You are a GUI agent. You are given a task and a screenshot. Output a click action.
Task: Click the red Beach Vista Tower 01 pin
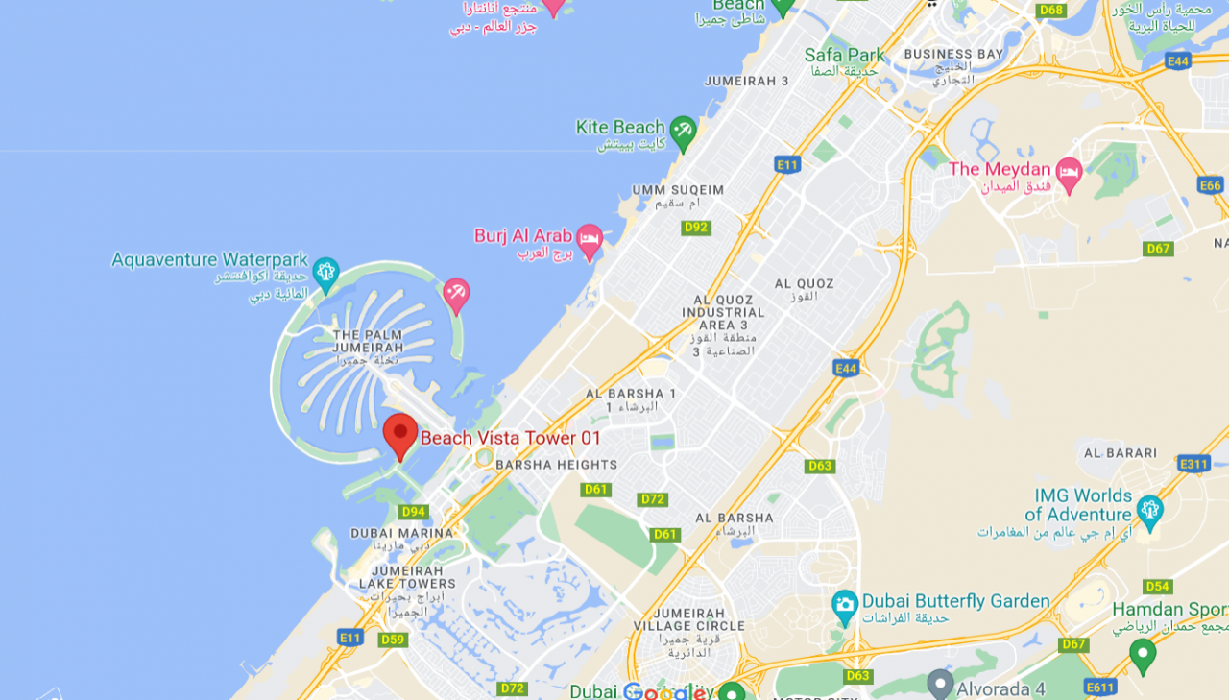(400, 434)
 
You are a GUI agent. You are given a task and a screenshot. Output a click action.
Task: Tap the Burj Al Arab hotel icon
(590, 238)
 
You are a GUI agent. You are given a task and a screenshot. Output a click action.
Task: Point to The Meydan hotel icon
(1069, 173)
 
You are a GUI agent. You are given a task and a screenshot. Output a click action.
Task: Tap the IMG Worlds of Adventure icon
(1149, 508)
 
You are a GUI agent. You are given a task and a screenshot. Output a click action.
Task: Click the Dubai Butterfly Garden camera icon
(845, 605)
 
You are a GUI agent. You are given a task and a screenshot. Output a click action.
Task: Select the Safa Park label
(845, 55)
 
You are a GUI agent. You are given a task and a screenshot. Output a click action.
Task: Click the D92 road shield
(696, 228)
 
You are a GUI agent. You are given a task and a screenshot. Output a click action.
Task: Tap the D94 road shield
(414, 512)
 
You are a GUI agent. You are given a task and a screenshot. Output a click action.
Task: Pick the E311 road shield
(1193, 464)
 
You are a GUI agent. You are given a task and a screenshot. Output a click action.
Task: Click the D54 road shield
(1158, 587)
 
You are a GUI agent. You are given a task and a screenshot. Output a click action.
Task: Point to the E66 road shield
(1211, 185)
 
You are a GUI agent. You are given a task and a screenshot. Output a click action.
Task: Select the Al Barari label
(1121, 452)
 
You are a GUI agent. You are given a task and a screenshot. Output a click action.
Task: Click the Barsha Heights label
(557, 465)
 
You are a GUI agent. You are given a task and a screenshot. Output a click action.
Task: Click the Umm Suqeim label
(678, 190)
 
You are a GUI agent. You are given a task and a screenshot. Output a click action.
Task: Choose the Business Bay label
(952, 54)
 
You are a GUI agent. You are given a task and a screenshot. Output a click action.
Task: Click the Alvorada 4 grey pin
(941, 683)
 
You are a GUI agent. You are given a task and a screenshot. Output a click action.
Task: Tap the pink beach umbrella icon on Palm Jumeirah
(456, 294)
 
